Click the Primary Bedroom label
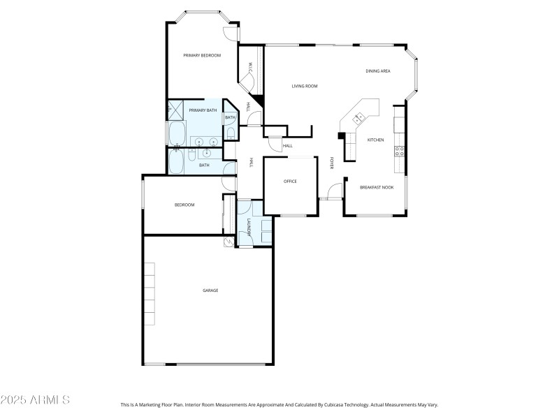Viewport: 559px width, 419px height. pos(202,55)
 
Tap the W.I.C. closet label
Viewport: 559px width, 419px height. pos(249,68)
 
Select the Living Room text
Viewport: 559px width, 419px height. pos(305,86)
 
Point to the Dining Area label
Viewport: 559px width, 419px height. pos(378,71)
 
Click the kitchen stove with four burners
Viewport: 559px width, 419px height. pos(400,152)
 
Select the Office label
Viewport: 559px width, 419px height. pos(290,182)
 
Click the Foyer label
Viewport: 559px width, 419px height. pos(331,163)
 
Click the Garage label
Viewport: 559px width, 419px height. pos(210,291)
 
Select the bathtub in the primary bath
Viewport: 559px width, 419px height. pos(175,133)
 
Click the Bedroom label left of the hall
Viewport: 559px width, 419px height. pos(184,205)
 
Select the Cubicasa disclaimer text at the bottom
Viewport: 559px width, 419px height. pos(279,404)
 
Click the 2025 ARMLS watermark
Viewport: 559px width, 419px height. pos(35,400)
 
